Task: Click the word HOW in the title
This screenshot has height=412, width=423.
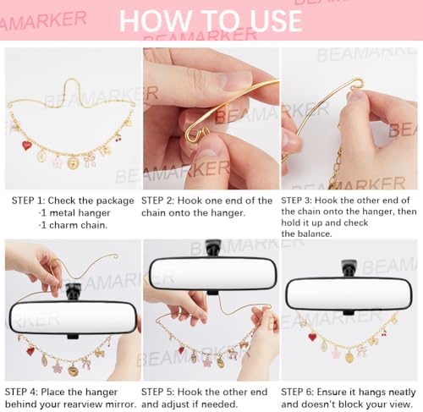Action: pos(155,21)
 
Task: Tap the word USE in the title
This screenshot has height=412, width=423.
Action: pos(276,21)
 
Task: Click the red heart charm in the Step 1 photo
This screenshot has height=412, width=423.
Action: pos(27,146)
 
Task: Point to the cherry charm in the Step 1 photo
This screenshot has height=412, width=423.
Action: pos(118,138)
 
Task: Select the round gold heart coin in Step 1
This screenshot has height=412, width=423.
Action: pos(73,163)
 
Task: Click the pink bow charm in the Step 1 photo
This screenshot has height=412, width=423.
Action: pos(90,161)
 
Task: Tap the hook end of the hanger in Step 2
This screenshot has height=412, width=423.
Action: pos(196,134)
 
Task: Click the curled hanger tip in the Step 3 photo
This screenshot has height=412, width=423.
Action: pos(357,84)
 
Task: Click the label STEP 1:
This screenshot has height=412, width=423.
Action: pos(28,201)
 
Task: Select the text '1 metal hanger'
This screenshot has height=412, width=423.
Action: pos(75,213)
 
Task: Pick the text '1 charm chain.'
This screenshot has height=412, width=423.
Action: pos(74,225)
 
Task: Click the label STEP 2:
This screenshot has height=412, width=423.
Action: pos(158,201)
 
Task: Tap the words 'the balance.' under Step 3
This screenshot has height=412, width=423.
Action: pos(306,233)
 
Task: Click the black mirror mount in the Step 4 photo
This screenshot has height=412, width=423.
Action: pos(73,292)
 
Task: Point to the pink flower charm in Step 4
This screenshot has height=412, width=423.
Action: pos(58,368)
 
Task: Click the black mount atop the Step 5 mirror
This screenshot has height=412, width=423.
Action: pos(213,248)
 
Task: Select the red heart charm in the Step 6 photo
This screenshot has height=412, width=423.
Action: pos(312,337)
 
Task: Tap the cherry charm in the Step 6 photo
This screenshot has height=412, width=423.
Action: pos(384,333)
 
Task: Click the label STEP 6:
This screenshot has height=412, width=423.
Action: pos(297,392)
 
